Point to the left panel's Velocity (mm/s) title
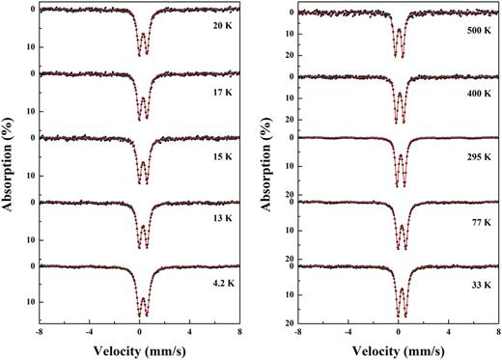[x=139, y=348]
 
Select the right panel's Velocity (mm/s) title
[x=397, y=348]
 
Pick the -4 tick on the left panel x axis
[x=89, y=330]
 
